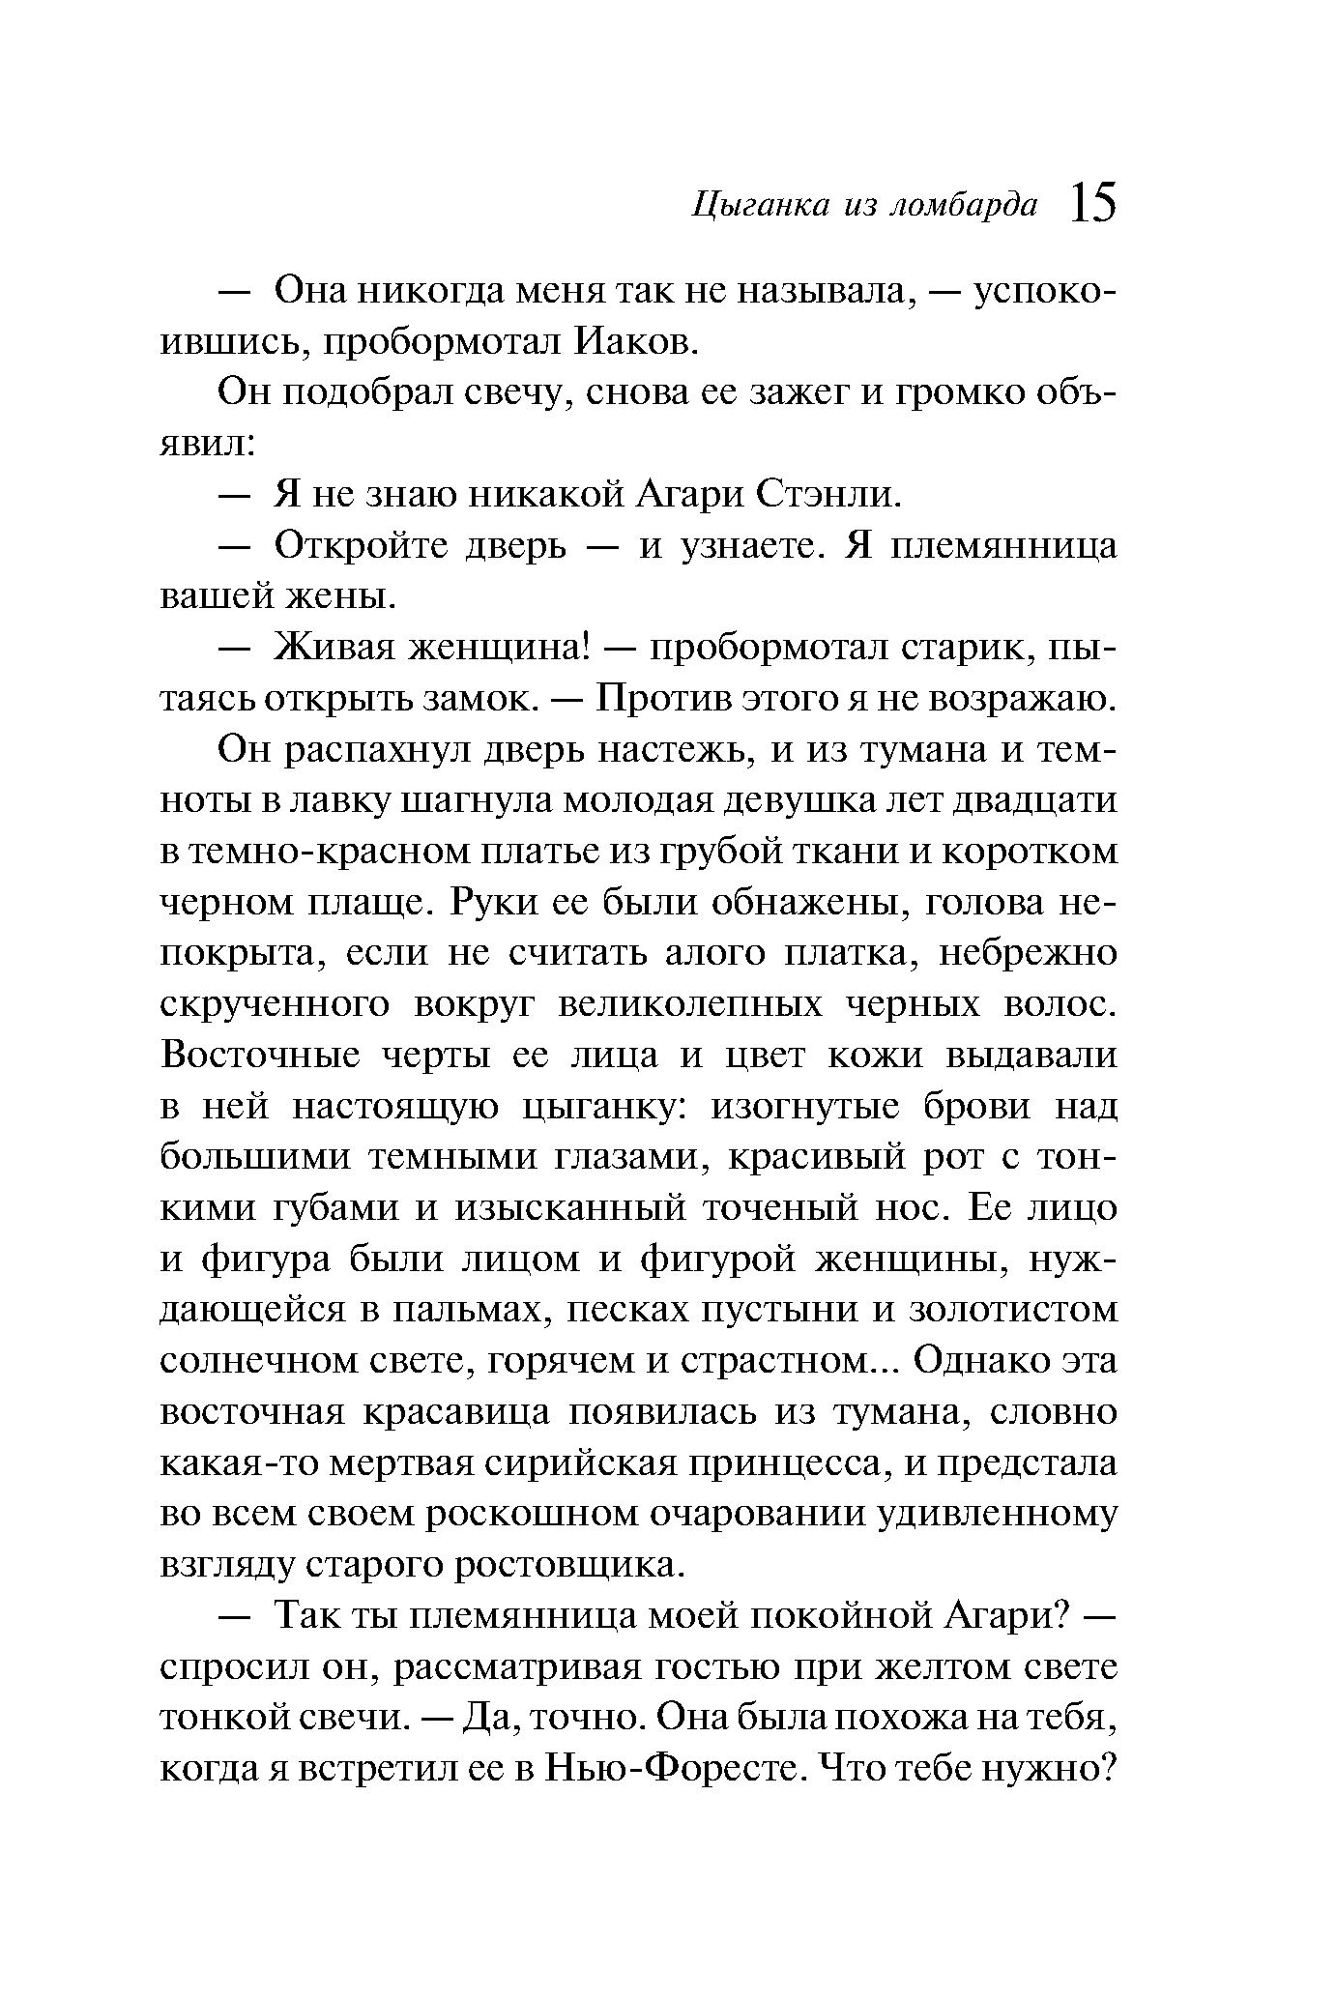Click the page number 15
pyautogui.click(x=1092, y=205)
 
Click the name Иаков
pyautogui.click(x=636, y=341)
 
